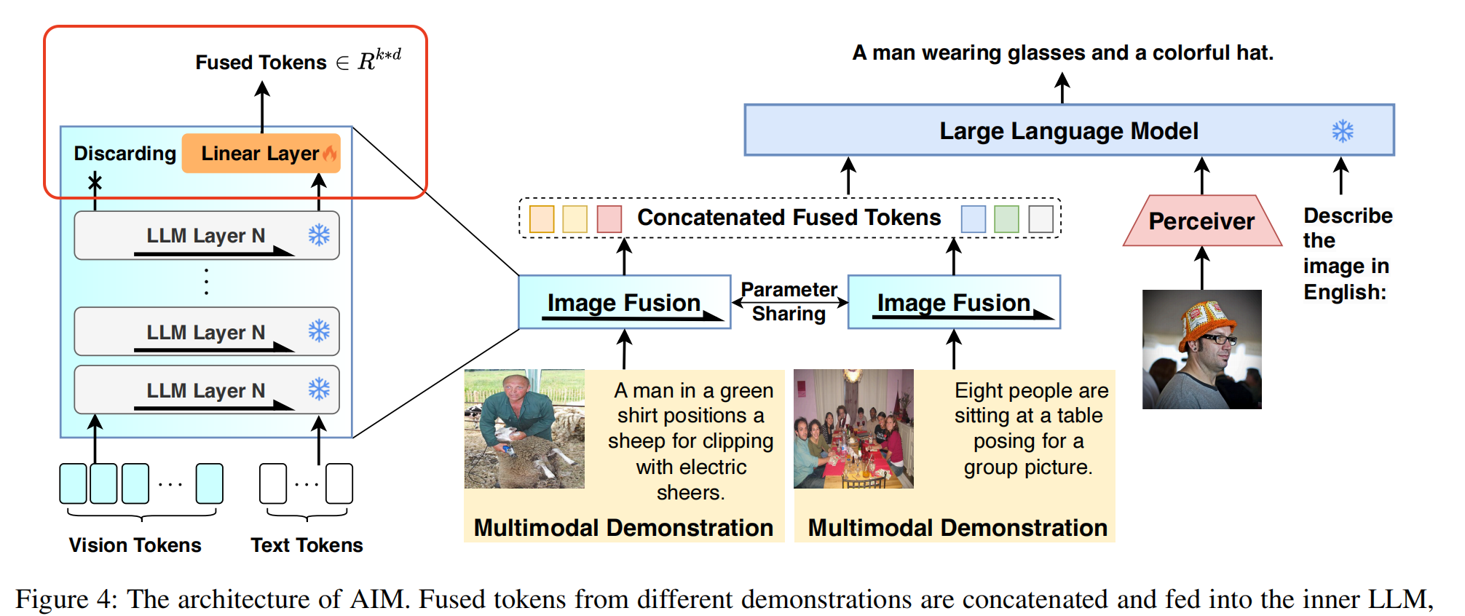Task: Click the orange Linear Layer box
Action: coord(260,153)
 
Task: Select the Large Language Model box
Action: coord(1068,130)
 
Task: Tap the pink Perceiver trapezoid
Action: coord(1201,221)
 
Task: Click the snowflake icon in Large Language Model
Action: coord(1342,131)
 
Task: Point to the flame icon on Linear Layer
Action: coord(330,153)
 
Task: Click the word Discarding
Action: coord(125,154)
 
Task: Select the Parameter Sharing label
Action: coord(789,301)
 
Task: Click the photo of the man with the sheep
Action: coord(524,429)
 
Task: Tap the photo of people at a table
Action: coord(853,429)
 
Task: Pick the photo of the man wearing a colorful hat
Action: coord(1201,350)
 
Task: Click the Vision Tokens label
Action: coord(135,545)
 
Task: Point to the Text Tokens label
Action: coord(307,545)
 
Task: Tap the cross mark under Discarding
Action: coord(95,182)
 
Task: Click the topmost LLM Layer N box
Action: coord(206,235)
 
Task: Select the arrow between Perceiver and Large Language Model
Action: coord(1201,175)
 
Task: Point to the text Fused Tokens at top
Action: coord(261,63)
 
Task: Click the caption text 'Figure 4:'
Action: coord(66,599)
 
